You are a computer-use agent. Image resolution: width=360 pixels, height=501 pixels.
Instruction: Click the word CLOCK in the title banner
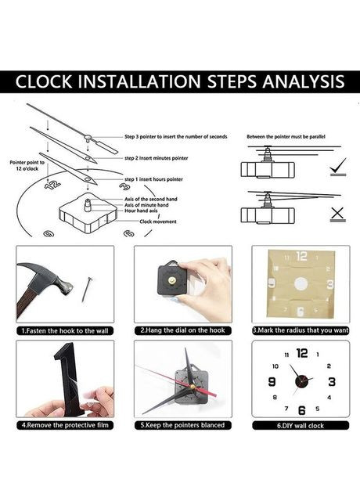(x=44, y=81)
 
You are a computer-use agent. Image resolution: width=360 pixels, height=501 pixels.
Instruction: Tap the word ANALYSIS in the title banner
(x=304, y=81)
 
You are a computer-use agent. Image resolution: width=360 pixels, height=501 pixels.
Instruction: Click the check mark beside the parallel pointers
(x=338, y=166)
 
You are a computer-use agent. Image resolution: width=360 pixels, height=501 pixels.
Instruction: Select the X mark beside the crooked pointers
(x=337, y=214)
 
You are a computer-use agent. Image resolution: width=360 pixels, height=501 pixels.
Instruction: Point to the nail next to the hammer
(x=86, y=289)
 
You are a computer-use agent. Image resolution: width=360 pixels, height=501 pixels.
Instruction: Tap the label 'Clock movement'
(x=158, y=222)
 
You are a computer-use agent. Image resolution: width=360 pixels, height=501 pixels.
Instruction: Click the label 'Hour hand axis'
(x=141, y=211)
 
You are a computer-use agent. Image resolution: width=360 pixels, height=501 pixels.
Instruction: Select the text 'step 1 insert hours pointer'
(x=153, y=179)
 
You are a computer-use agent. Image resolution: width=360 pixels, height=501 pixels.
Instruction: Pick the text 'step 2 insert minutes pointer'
(x=157, y=158)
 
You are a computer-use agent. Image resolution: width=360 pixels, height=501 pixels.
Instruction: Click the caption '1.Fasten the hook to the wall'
(x=65, y=331)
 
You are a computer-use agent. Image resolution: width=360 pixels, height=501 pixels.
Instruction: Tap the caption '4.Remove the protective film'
(x=65, y=425)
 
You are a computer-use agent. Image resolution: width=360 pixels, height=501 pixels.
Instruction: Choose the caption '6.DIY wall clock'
(x=301, y=426)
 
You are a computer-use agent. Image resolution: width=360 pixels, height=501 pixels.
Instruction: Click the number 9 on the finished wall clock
(x=272, y=381)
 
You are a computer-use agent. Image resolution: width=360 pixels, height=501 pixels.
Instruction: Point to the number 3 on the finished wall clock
(x=332, y=381)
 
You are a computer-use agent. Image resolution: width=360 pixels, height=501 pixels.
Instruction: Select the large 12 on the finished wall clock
(x=302, y=353)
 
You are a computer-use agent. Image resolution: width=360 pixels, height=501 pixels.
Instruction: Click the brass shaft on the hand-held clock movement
(x=172, y=281)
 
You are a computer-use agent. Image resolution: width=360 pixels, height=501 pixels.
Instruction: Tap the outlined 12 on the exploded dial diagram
(x=52, y=185)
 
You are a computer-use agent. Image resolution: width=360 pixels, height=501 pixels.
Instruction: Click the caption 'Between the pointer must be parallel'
(x=286, y=136)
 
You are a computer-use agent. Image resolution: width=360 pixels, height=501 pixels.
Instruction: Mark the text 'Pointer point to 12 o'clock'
(x=27, y=165)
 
